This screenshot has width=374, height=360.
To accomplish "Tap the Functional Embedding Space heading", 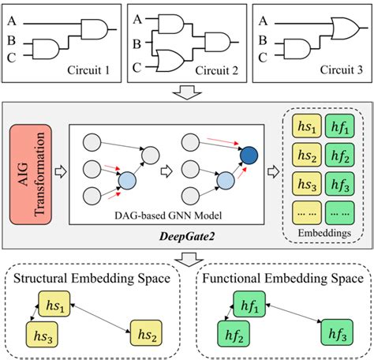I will point(282,278).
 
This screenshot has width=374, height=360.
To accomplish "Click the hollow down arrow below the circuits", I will point(188,94).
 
